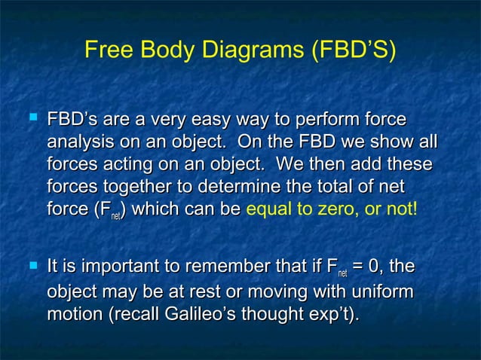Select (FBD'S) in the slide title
pyautogui.click(x=351, y=51)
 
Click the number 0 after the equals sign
pyautogui.click(x=372, y=267)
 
